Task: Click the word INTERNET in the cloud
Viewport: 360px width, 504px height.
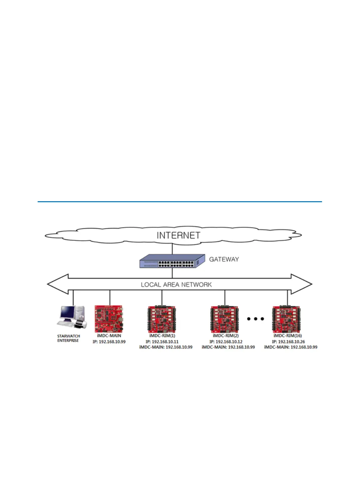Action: (x=178, y=236)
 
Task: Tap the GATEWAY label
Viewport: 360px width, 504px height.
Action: (x=224, y=259)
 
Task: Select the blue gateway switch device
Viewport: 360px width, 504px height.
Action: (x=172, y=261)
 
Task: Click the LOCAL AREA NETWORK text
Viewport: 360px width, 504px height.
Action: (x=176, y=284)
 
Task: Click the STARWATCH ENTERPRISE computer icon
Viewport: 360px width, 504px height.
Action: (x=71, y=317)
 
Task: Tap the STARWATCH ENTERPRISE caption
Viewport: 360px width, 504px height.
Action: (x=69, y=338)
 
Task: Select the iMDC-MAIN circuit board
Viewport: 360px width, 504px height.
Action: (x=109, y=319)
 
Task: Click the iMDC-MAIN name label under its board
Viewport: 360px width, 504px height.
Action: (x=109, y=336)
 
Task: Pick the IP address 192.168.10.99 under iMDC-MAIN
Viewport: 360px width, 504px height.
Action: (x=109, y=342)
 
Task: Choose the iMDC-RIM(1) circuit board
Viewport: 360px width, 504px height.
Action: (x=162, y=319)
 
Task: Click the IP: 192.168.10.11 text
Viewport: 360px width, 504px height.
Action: (x=162, y=342)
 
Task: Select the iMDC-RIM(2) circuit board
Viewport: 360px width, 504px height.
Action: (x=225, y=319)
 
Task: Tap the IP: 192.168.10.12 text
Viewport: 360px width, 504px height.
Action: (x=226, y=342)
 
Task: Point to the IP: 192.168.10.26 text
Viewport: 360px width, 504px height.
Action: (x=288, y=342)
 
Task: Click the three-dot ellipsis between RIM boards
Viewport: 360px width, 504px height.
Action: (x=255, y=319)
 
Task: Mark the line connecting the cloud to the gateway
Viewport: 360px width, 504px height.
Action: (x=172, y=249)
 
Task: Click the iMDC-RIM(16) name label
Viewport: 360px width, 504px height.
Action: (x=288, y=336)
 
